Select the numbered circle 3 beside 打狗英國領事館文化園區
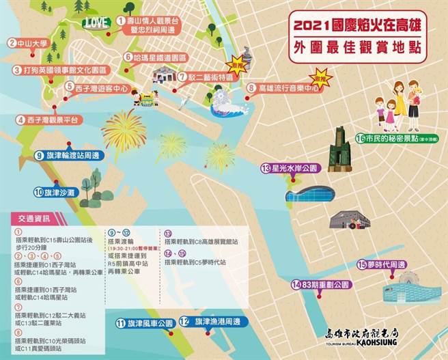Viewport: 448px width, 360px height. [16, 70]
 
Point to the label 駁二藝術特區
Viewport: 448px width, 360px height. [208, 77]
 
